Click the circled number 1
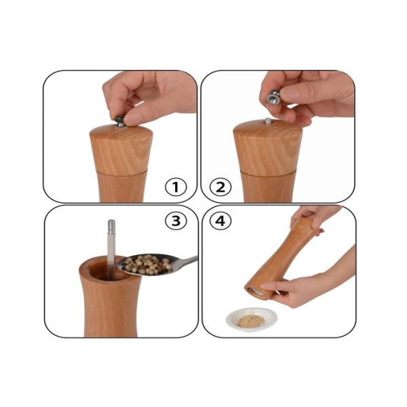click(176, 187)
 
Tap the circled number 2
click(219, 187)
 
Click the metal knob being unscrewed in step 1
click(120, 121)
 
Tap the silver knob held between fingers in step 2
click(273, 96)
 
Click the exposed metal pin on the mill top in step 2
click(267, 122)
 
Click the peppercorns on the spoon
click(144, 265)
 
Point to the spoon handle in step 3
click(185, 261)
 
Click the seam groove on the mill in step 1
click(121, 170)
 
